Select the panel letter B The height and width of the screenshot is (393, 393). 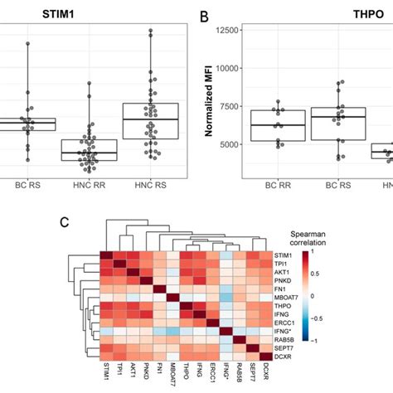201,14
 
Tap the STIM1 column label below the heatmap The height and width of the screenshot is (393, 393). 106,374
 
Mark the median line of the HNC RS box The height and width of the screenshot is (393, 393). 150,119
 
